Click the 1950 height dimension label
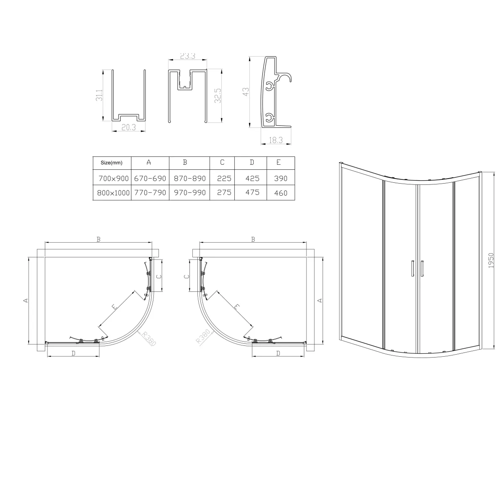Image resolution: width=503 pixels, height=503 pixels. pyautogui.click(x=492, y=260)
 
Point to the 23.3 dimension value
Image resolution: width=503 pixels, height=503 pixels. pyautogui.click(x=187, y=56)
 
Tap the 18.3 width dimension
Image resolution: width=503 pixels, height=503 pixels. pyautogui.click(x=276, y=141)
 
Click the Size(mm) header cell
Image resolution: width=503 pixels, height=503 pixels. pyautogui.click(x=111, y=163)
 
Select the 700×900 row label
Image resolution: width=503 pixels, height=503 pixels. pyautogui.click(x=111, y=178)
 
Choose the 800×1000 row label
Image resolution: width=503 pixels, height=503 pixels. pyautogui.click(x=111, y=193)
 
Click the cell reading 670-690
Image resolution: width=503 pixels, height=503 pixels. pyautogui.click(x=150, y=178)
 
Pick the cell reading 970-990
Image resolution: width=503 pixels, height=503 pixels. pyautogui.click(x=189, y=193)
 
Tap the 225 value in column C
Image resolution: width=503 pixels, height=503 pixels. pyautogui.click(x=224, y=178)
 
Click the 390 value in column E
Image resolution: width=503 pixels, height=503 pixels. pyautogui.click(x=280, y=178)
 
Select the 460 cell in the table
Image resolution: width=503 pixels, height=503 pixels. pyautogui.click(x=280, y=193)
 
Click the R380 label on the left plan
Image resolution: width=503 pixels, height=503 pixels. pyautogui.click(x=148, y=338)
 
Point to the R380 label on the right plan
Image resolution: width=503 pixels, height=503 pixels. pyautogui.click(x=203, y=337)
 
